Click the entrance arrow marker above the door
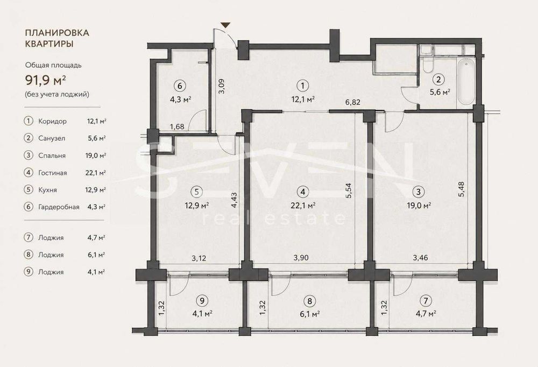click(225, 25)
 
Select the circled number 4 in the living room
click(302, 192)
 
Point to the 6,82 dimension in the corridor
click(353, 102)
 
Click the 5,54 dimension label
click(349, 190)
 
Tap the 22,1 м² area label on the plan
click(303, 206)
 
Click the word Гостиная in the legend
click(53, 173)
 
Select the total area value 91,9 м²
click(46, 80)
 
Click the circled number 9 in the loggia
click(202, 301)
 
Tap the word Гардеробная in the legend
click(59, 207)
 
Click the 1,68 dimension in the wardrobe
click(177, 126)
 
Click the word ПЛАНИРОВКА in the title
click(58, 33)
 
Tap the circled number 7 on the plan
click(426, 301)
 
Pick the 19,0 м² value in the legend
click(95, 156)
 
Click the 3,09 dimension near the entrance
click(222, 86)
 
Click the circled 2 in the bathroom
click(438, 79)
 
